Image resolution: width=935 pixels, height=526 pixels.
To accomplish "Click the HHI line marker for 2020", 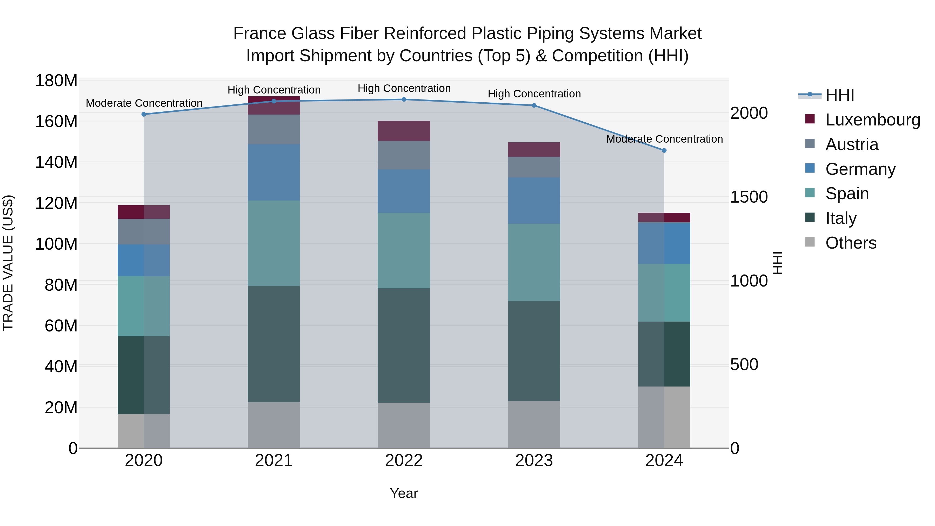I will (x=144, y=114).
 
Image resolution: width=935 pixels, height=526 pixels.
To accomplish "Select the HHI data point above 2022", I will (x=404, y=99).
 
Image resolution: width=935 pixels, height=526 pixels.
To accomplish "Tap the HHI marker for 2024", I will (x=664, y=150).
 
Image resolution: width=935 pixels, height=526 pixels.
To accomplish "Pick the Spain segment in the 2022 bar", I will (x=404, y=250).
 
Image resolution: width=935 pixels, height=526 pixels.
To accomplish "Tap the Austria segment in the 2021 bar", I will (x=274, y=129).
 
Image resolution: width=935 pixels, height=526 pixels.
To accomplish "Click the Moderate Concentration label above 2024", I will (x=664, y=139).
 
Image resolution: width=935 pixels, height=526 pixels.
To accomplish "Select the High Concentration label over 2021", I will (x=274, y=90).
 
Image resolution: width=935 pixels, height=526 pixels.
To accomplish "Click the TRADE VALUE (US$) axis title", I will (x=8, y=263).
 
